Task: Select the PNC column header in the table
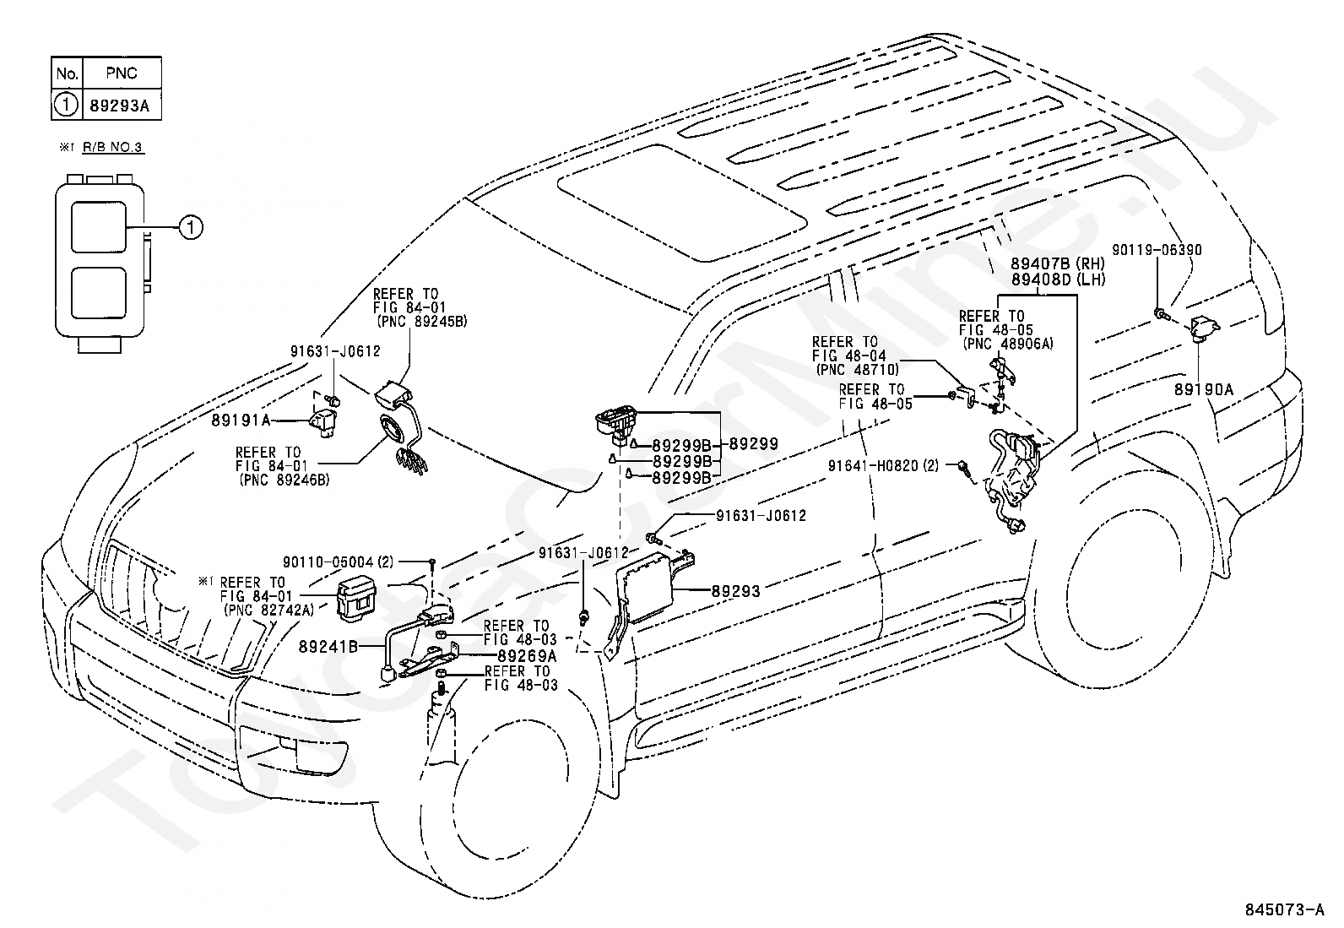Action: pyautogui.click(x=122, y=73)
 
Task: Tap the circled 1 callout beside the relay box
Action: pyautogui.click(x=191, y=227)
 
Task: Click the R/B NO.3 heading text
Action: pyautogui.click(x=113, y=147)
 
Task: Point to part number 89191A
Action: pyautogui.click(x=241, y=421)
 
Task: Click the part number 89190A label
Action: pyautogui.click(x=1204, y=389)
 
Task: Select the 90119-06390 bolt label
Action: pyautogui.click(x=1157, y=250)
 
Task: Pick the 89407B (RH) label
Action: pyautogui.click(x=1058, y=263)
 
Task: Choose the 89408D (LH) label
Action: pyautogui.click(x=1058, y=279)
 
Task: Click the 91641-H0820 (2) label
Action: pyautogui.click(x=883, y=466)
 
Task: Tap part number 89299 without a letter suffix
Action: pyautogui.click(x=753, y=444)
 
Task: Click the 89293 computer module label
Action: pyautogui.click(x=735, y=591)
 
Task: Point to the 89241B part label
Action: pyautogui.click(x=328, y=647)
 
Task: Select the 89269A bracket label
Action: pyautogui.click(x=527, y=655)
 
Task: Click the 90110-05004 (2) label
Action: pyautogui.click(x=338, y=562)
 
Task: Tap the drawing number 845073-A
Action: pyautogui.click(x=1285, y=909)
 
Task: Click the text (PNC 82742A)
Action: pyautogui.click(x=268, y=611)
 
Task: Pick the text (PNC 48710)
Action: pyautogui.click(x=858, y=370)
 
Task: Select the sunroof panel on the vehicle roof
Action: pyautogui.click(x=681, y=203)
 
